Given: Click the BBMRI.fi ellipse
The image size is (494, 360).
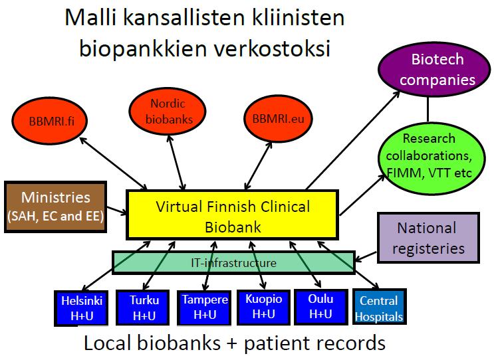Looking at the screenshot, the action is click(x=49, y=121).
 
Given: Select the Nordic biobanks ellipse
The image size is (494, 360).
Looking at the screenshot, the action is click(x=168, y=111).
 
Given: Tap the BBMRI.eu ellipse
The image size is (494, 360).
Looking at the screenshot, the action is click(x=278, y=119).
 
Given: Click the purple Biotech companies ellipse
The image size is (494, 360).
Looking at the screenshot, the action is click(x=435, y=69).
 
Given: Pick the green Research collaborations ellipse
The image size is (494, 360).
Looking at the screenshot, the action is click(x=432, y=158).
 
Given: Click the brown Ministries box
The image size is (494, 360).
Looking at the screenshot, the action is click(x=55, y=207).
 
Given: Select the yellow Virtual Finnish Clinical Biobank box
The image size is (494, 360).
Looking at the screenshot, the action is click(x=233, y=215).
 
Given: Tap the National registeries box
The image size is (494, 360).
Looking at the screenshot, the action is click(x=428, y=238).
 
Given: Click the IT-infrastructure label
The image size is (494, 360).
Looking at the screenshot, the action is click(x=234, y=263).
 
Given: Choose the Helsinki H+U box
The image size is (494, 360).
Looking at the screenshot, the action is click(x=81, y=308).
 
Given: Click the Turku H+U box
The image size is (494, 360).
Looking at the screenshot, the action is click(x=144, y=308).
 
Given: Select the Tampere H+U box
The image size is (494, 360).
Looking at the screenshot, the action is click(x=204, y=308).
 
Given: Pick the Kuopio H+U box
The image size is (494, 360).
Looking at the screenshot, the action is click(x=263, y=307).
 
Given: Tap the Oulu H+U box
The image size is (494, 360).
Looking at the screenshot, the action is click(x=321, y=307).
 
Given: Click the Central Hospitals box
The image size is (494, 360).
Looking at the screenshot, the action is click(x=380, y=307).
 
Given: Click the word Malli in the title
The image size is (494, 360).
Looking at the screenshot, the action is click(x=90, y=17).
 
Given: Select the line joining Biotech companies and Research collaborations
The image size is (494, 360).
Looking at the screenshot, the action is click(x=428, y=109).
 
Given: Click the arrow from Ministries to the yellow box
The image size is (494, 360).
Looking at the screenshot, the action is click(x=117, y=211).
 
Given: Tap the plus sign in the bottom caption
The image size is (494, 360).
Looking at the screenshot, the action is click(x=232, y=343).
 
